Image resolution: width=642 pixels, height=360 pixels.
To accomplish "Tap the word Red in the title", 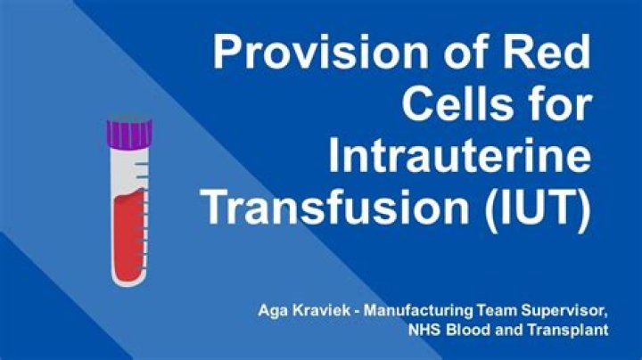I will click(x=545, y=55).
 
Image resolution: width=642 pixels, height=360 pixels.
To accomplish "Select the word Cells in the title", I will click(x=452, y=107).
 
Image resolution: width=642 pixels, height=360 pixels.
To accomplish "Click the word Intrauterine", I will click(x=460, y=158).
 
